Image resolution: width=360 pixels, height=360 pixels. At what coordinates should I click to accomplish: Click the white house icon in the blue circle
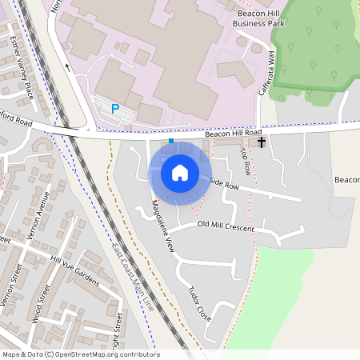pos(180,172)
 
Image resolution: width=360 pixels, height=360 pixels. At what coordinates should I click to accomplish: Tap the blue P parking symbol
pos(115,108)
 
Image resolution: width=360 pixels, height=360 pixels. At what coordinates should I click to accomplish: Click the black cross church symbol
pos(262,142)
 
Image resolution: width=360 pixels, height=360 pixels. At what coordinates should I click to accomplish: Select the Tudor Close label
pos(199,304)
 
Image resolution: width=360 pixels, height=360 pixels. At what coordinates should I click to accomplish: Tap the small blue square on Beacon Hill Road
pos(170,141)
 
